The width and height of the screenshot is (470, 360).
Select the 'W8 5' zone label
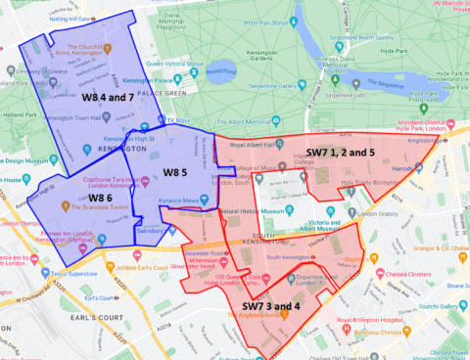174,173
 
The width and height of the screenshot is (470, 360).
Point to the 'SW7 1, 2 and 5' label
340,153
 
